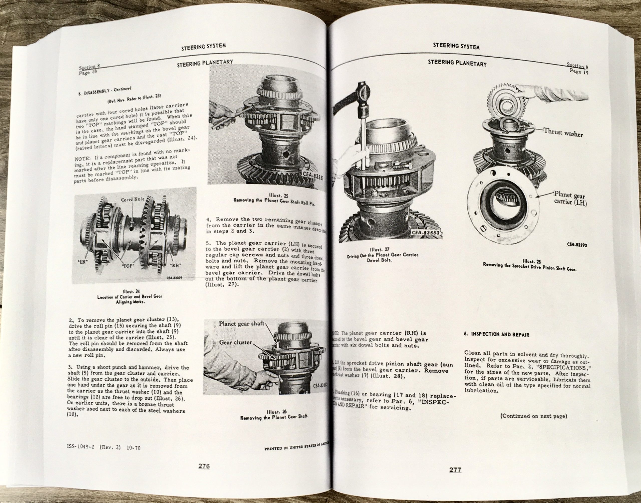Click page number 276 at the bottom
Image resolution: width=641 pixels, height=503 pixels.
pos(204,466)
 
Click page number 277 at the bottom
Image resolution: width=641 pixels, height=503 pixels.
pos(455,470)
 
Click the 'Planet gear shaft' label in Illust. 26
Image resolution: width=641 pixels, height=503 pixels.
pos(241,324)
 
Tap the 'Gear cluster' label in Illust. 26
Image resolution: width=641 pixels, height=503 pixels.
pos(236,343)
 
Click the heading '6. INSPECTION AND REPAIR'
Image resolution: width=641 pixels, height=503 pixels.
pos(497,334)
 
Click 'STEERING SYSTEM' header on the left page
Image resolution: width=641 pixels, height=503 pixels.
pos(204,46)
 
